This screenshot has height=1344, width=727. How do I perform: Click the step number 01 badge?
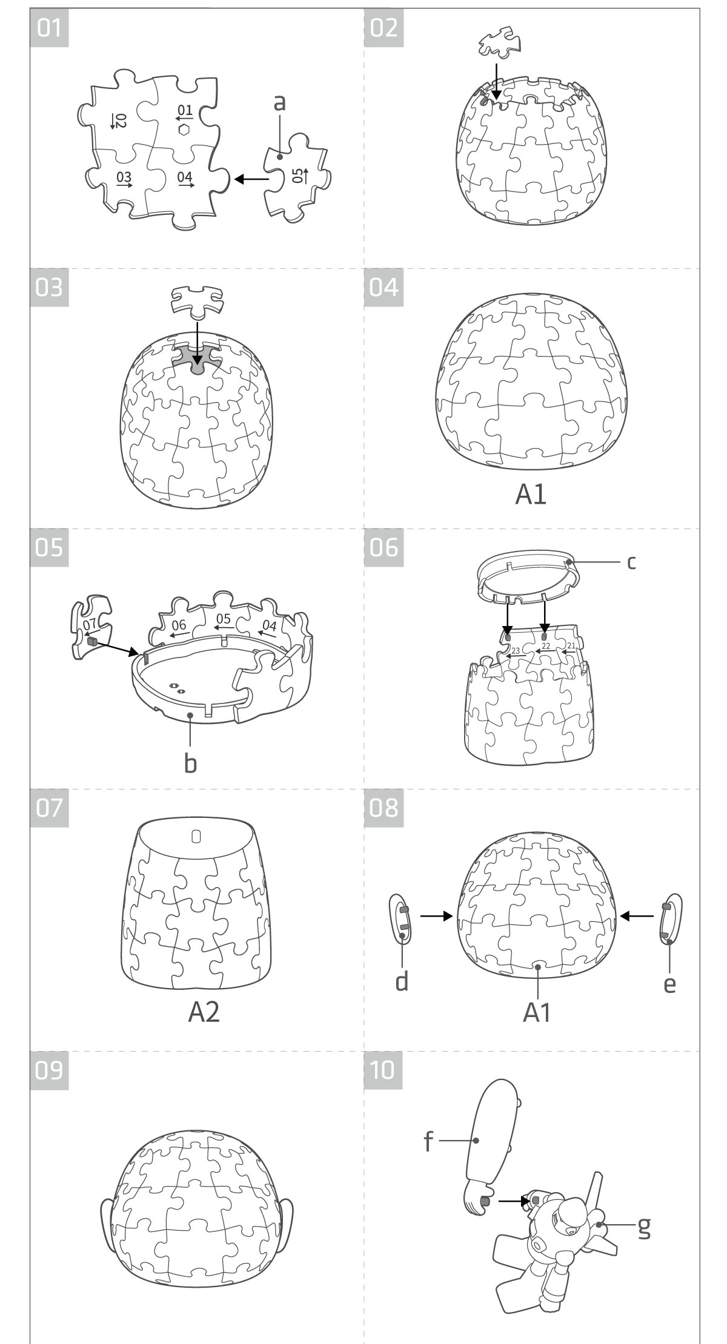click(x=49, y=28)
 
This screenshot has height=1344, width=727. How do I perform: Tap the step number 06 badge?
click(x=383, y=548)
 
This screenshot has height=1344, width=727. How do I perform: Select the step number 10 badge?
click(x=383, y=1070)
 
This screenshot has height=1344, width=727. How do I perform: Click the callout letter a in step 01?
click(x=279, y=103)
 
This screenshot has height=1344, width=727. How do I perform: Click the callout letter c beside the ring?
click(x=631, y=562)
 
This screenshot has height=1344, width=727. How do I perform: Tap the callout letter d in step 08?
click(x=402, y=980)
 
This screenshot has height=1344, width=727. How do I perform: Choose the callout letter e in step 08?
click(x=669, y=984)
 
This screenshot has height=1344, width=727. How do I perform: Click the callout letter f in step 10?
click(x=428, y=1141)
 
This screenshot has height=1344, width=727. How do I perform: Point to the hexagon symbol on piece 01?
click(x=184, y=130)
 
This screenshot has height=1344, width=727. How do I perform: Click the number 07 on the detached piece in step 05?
click(x=90, y=623)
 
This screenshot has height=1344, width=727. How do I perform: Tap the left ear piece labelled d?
click(x=400, y=918)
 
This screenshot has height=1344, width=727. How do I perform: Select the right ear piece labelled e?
click(x=670, y=918)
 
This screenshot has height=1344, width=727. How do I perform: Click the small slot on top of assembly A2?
click(x=196, y=836)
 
